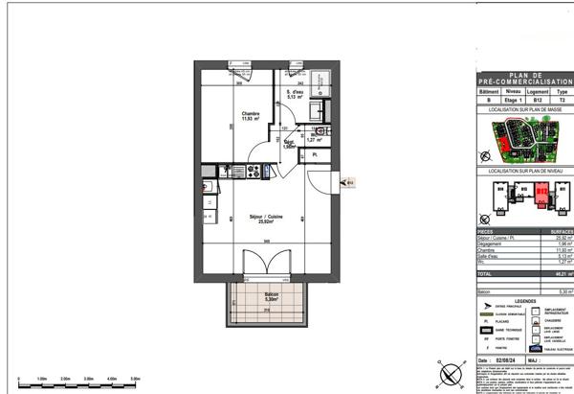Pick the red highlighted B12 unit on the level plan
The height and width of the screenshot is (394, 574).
point(541,194)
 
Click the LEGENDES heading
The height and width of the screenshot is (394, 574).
point(523,301)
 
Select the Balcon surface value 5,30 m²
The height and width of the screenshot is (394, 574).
point(564,290)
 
